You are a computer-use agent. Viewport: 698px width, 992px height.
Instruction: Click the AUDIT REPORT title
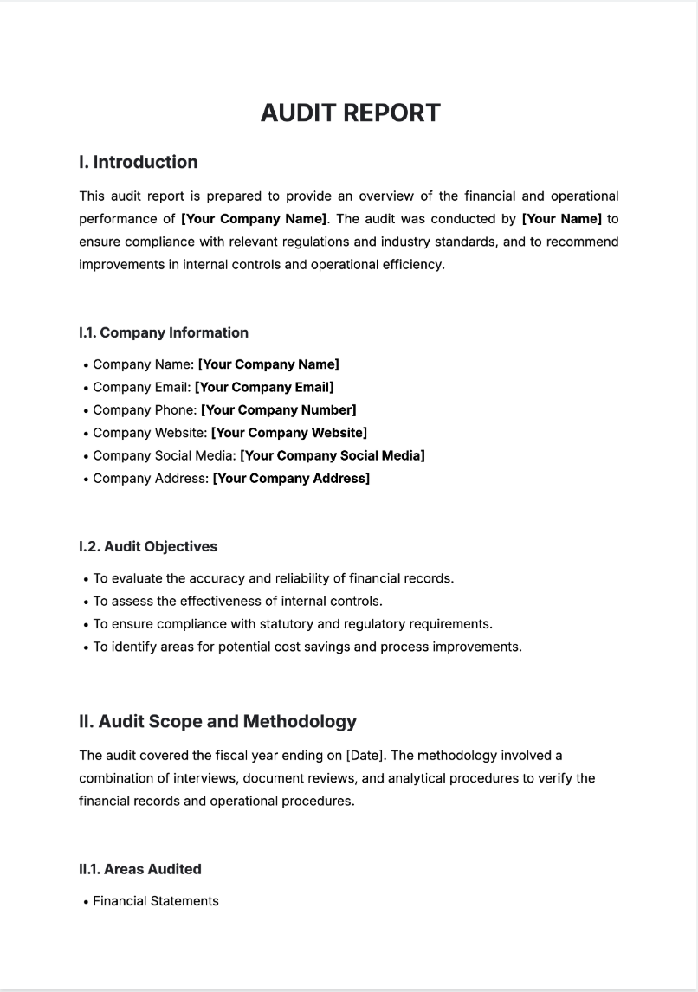coord(350,113)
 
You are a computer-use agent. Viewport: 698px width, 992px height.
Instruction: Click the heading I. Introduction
coord(138,162)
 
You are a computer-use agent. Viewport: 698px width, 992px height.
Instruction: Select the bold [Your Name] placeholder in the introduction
coord(561,219)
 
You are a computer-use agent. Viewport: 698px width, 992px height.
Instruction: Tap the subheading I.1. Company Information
coord(164,332)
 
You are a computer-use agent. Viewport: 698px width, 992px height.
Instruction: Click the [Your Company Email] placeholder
coord(264,387)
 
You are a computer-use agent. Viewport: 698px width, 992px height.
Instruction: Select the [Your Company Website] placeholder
coord(289,432)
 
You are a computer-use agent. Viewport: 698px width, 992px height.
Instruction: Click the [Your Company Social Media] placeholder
coord(332,455)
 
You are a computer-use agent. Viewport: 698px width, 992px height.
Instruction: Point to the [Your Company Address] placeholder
coord(291,478)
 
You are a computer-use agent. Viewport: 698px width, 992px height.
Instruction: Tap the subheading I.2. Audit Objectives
coord(148,546)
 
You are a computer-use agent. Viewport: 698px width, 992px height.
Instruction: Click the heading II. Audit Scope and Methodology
coord(217,721)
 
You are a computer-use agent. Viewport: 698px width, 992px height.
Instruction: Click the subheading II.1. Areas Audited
coord(140,869)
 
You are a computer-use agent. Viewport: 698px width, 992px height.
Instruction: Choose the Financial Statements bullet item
coord(156,901)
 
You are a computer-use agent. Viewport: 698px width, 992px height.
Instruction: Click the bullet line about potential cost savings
coord(307,647)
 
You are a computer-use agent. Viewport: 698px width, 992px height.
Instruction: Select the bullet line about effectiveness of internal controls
coord(238,601)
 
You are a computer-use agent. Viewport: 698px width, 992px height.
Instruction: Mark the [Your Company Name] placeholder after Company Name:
coord(268,364)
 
